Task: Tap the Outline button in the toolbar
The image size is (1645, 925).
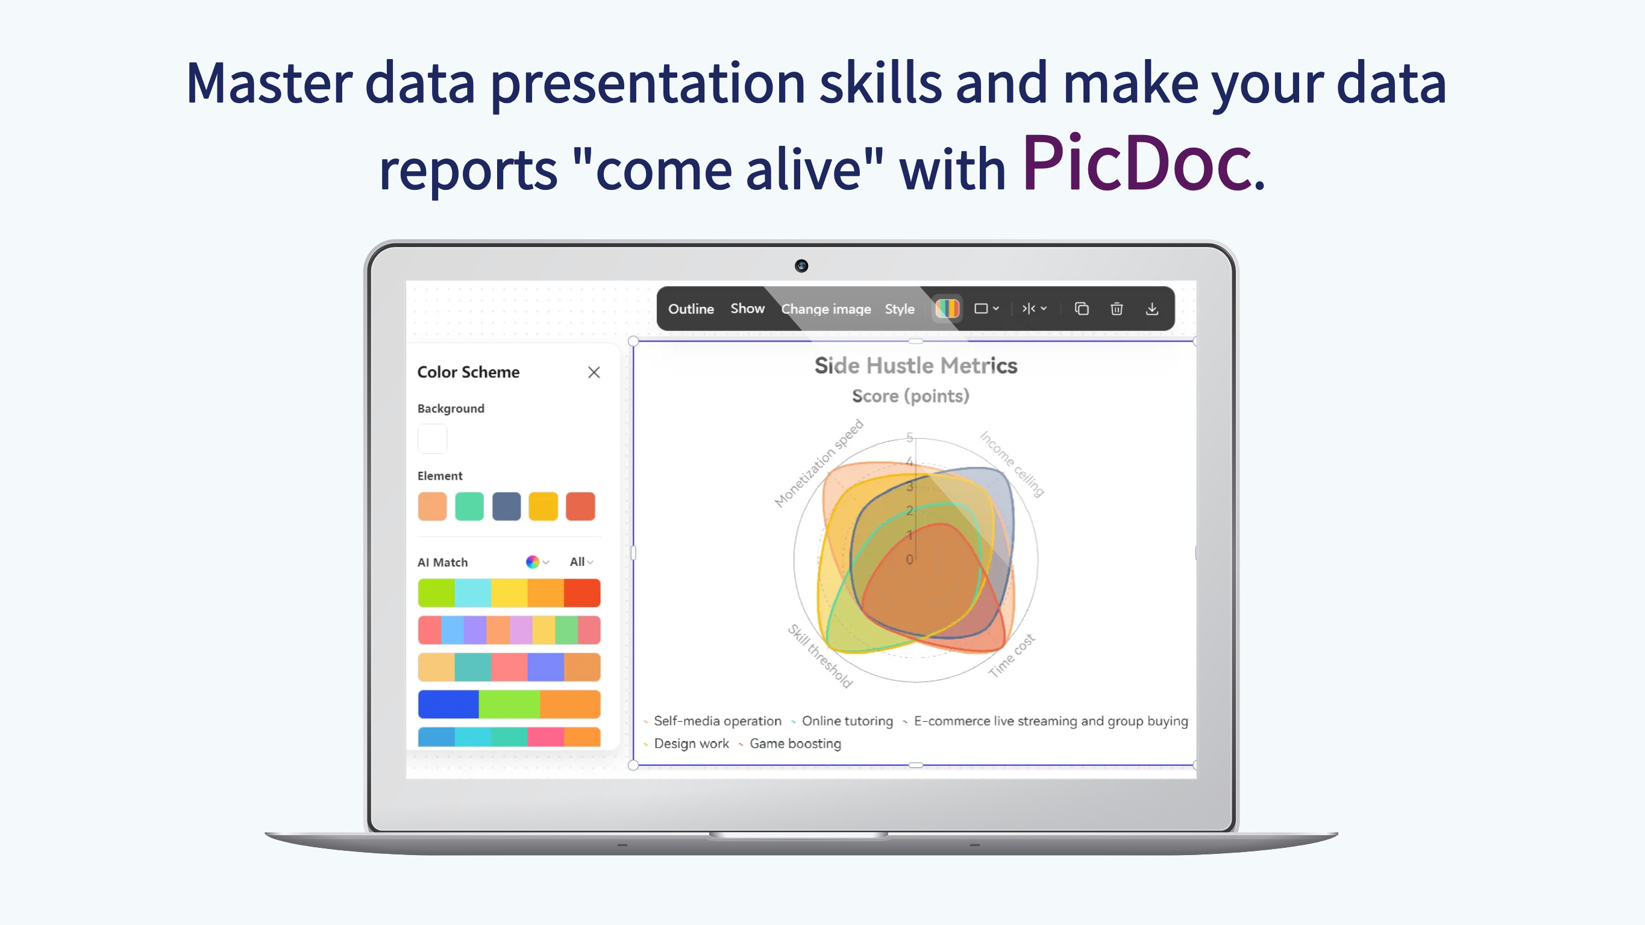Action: point(691,309)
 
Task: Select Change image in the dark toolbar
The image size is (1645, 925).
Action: point(825,309)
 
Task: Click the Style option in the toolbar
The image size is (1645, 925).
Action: point(899,309)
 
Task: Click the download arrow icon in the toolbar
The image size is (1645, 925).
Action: point(1151,309)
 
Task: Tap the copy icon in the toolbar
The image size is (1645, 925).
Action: point(1081,309)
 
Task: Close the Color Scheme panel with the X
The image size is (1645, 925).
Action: point(594,372)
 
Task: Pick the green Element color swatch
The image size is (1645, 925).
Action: point(469,507)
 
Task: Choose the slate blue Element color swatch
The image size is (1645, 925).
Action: point(506,507)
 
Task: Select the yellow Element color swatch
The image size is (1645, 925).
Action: point(543,507)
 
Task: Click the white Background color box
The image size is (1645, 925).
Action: point(432,439)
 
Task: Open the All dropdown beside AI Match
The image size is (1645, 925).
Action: point(580,562)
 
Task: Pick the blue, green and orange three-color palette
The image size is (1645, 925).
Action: point(509,704)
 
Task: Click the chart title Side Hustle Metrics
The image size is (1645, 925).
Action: point(915,366)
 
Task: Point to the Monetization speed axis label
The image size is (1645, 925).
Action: point(818,464)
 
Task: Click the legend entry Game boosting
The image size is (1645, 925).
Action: point(794,744)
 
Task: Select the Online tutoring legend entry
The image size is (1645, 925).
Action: point(847,721)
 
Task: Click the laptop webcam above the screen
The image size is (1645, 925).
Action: point(801,266)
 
